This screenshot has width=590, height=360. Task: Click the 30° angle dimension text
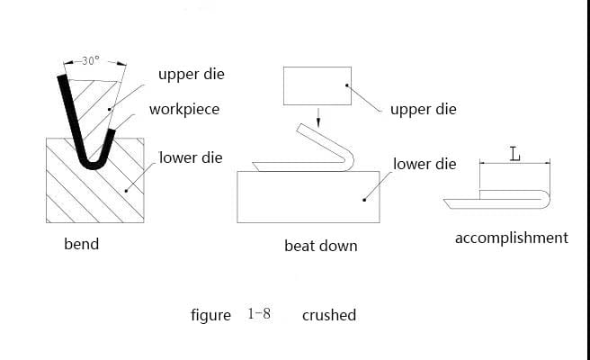[x=91, y=60]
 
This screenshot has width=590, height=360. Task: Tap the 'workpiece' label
[x=184, y=110]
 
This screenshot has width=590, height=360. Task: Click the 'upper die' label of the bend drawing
[x=192, y=74]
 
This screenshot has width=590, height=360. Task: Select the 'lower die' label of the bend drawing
[x=191, y=157]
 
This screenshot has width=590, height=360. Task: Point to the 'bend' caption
[x=82, y=244]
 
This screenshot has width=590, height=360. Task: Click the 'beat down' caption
[x=321, y=246]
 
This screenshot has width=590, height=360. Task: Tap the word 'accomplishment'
[x=512, y=238]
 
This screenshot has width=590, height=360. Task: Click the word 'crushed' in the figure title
[x=329, y=315]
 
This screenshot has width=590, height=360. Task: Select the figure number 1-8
[x=259, y=314]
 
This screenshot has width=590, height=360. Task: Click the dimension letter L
[x=514, y=155]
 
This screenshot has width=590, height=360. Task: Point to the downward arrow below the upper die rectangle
[x=318, y=118]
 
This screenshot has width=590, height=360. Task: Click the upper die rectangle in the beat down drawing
[x=317, y=85]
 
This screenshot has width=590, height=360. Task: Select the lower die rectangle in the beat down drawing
[x=308, y=197]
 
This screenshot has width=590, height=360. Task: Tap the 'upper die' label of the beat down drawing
[x=424, y=110]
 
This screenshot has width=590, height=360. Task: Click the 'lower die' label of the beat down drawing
[x=425, y=164]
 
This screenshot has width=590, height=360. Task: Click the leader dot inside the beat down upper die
[x=346, y=85]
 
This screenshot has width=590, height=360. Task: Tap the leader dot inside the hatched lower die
[x=126, y=191]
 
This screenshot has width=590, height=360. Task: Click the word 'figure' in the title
[x=210, y=316]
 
